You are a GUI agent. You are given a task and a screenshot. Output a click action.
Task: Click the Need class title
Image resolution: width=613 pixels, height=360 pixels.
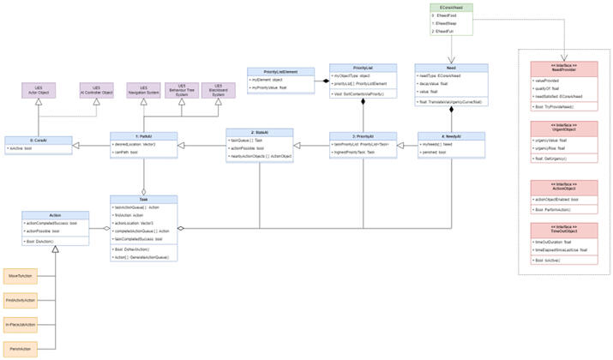coord(451,67)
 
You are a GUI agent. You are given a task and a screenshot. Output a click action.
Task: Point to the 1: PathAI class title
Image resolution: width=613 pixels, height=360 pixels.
coord(144,135)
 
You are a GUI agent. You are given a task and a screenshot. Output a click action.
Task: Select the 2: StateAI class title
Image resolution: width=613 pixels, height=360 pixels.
coord(260,132)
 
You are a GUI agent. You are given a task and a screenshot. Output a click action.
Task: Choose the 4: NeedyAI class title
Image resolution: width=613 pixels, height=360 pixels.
coord(451,135)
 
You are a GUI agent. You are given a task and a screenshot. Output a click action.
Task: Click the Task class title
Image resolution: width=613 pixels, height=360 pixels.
coord(144,199)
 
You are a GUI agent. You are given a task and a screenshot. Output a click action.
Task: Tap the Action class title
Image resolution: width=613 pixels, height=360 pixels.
coord(55,215)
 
